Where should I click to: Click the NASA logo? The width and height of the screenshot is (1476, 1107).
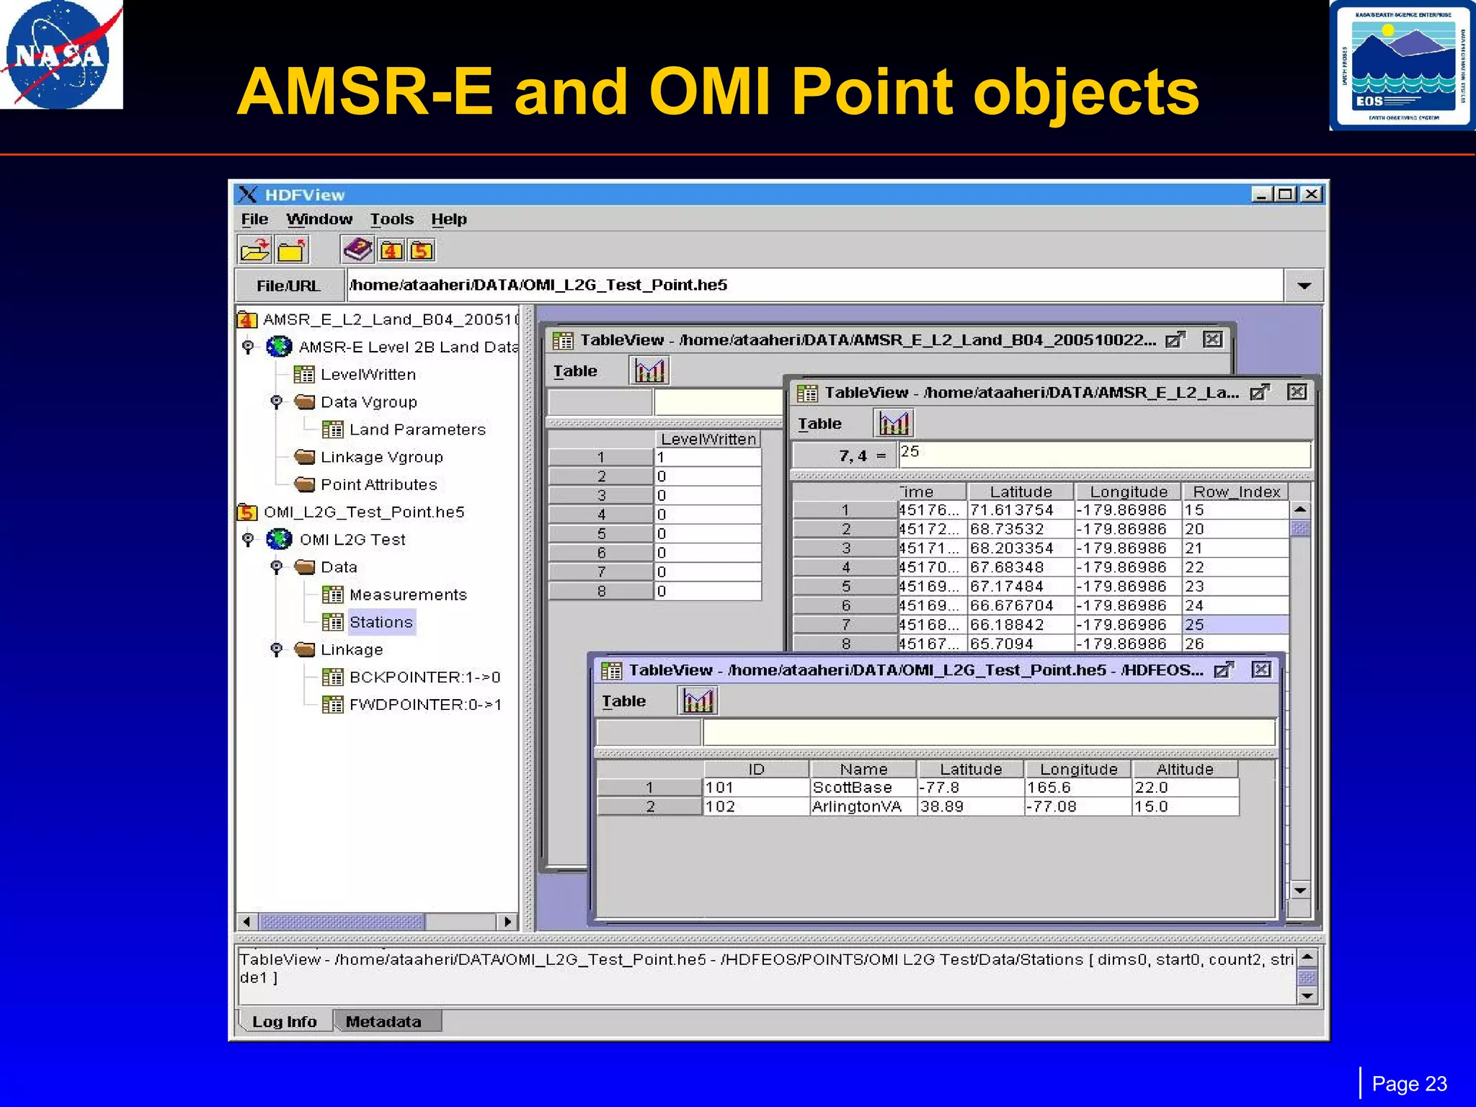coord(61,55)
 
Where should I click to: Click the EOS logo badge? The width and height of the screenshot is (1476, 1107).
coord(1402,66)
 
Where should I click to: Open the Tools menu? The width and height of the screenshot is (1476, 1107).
coord(391,219)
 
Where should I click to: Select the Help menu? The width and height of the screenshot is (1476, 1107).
coord(448,219)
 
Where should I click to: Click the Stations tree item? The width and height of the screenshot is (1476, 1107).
coord(381,622)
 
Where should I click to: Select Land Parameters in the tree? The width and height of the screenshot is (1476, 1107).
coord(417,430)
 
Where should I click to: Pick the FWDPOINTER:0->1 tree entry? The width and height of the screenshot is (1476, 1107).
coord(424,705)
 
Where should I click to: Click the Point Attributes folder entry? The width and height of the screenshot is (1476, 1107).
coord(378,484)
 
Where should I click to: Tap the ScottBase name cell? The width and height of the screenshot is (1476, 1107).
coord(852,788)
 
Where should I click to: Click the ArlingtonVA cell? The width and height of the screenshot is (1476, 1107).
coord(856,806)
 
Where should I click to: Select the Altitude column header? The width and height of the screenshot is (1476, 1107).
coord(1184,769)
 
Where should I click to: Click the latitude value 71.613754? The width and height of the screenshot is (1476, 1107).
coord(1011,510)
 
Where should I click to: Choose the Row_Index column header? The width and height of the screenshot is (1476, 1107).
coord(1236,492)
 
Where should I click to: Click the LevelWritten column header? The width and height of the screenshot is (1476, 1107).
coord(708,439)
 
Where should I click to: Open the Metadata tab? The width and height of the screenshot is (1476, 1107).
coord(383,1021)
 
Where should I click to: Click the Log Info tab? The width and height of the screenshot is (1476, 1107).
coord(284,1021)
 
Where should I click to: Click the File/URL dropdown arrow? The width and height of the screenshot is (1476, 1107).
coord(1303,286)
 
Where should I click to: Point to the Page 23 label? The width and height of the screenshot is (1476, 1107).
coord(1409,1083)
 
